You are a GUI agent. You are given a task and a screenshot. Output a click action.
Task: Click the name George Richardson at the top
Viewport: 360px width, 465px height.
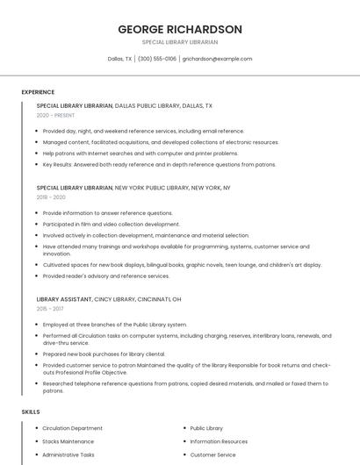[180, 29]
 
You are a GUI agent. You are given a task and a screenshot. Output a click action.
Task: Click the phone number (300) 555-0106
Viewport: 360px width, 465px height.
[157, 59]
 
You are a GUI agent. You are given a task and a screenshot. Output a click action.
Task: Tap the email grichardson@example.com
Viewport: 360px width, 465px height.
[217, 59]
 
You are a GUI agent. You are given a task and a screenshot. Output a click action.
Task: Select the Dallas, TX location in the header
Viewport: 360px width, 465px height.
[119, 59]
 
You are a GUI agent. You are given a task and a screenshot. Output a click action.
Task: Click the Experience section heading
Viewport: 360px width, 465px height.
[38, 92]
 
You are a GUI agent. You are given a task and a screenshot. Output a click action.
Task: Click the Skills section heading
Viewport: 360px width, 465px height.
[31, 411]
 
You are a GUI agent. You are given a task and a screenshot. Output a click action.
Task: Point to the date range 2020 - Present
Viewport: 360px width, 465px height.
[55, 115]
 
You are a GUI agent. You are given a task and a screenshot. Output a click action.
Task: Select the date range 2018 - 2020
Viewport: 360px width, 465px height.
[51, 197]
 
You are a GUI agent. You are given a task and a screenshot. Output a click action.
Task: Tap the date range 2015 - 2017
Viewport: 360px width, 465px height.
[50, 309]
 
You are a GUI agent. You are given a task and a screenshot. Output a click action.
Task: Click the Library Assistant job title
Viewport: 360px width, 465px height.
[64, 299]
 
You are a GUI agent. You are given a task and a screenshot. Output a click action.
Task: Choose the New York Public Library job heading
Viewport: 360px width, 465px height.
[133, 188]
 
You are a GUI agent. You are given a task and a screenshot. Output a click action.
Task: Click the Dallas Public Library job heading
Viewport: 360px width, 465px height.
[124, 105]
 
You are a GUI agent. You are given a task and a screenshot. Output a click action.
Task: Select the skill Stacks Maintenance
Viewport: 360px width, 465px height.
[68, 441]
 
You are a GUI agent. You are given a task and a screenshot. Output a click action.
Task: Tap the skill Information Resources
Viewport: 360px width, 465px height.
[219, 441]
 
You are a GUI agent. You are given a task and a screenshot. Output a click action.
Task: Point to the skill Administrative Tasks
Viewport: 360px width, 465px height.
[68, 454]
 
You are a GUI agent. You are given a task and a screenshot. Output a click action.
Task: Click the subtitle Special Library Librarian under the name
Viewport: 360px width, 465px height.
[180, 42]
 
